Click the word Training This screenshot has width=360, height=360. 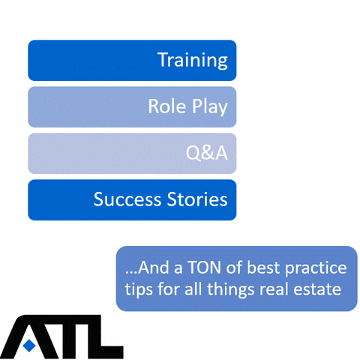coord(193,60)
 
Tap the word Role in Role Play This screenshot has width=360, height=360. coord(167,106)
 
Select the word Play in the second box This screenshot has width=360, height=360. coord(210,107)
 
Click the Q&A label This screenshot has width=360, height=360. coord(206,153)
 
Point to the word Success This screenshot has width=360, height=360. coord(127,199)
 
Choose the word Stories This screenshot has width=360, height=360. coord(197,199)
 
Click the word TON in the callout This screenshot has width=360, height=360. coord(204,268)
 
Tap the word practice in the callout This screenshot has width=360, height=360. coord(316,268)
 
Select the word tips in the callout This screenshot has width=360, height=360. coord(139,290)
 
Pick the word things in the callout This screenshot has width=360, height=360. coord(231,290)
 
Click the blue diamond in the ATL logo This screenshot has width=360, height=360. coord(29,345)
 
